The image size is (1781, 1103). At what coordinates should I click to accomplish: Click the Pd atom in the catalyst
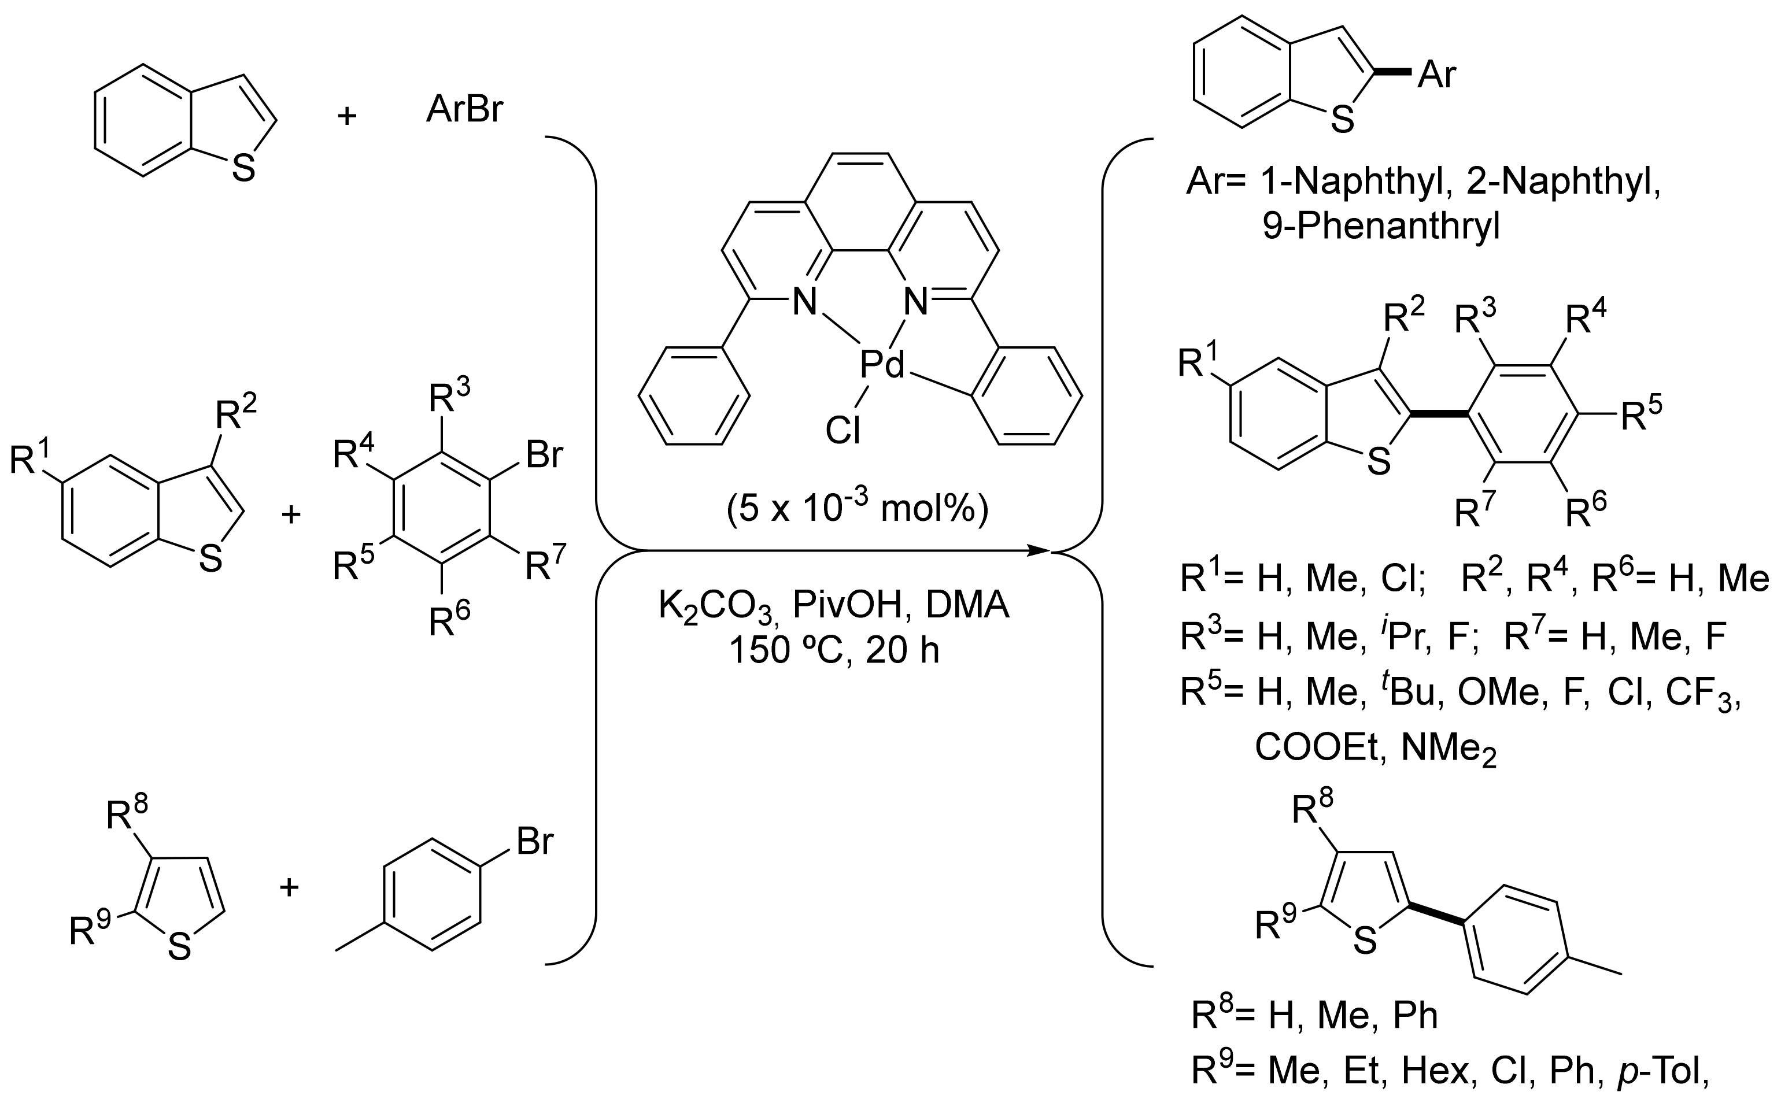point(881,364)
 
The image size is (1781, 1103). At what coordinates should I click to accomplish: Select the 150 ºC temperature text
point(789,650)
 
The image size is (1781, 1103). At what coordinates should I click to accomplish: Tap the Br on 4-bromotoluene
point(534,841)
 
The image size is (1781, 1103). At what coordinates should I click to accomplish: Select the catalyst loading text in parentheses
point(858,509)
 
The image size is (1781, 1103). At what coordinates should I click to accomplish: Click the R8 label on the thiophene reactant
point(127,813)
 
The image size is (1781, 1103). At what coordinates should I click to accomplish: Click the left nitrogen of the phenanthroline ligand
point(805,302)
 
